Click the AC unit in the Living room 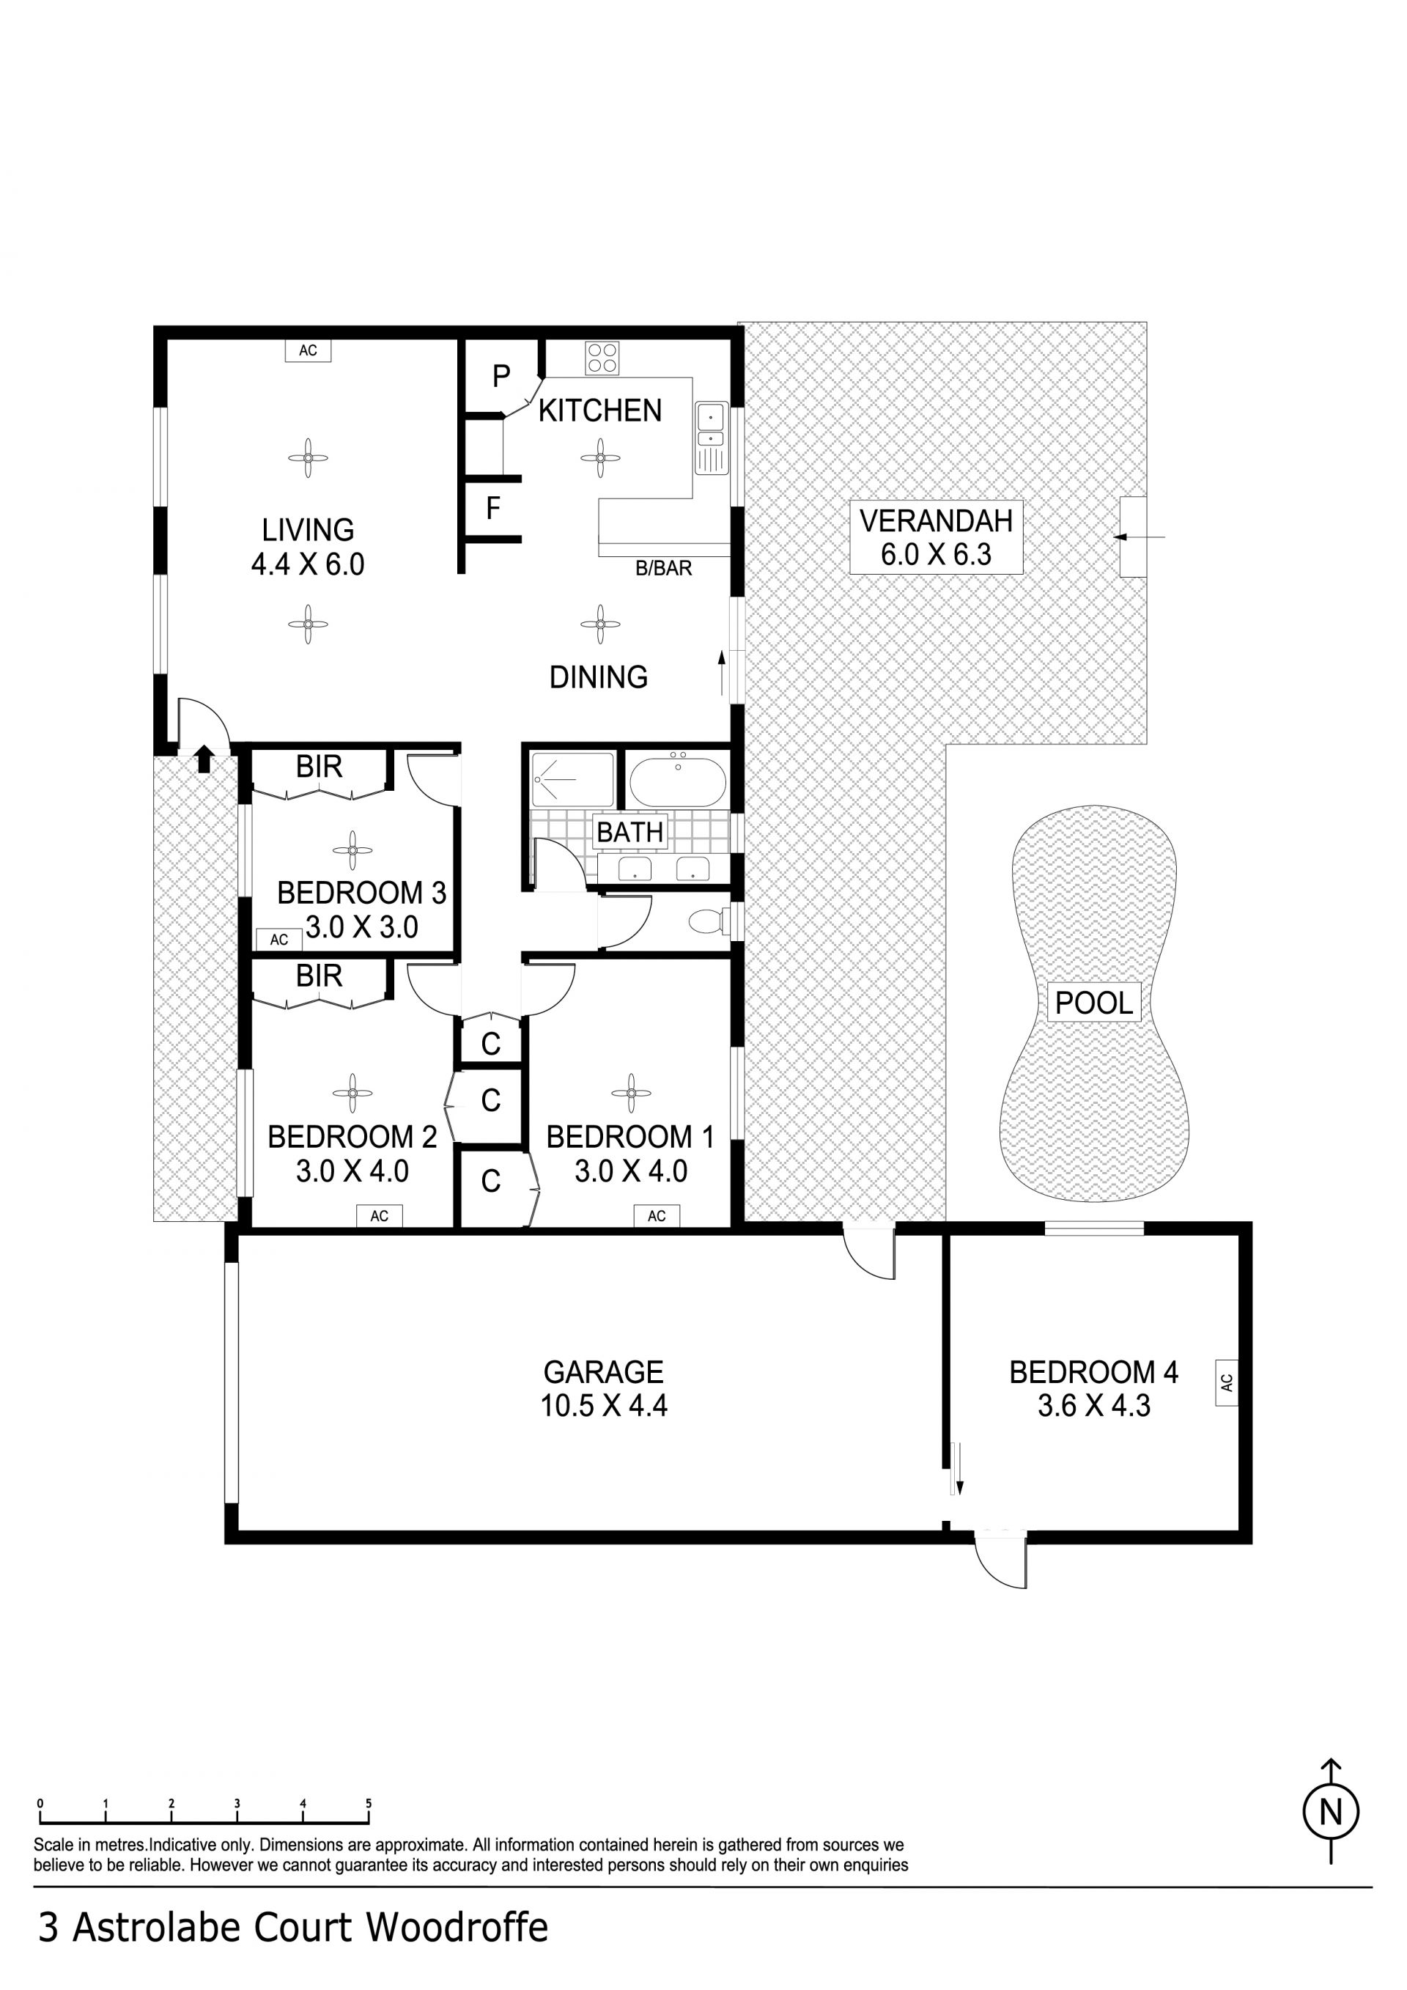[308, 350]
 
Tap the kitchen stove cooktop [602, 358]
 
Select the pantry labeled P [501, 376]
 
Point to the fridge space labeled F [493, 508]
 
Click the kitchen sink [712, 438]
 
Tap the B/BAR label [664, 569]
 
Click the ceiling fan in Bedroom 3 [352, 850]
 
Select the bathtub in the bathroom [678, 783]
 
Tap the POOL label [1094, 1003]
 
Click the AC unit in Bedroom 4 [1226, 1382]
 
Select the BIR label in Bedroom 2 [319, 976]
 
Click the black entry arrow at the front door [204, 759]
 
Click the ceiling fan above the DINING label [599, 624]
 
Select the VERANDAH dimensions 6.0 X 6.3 [936, 554]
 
